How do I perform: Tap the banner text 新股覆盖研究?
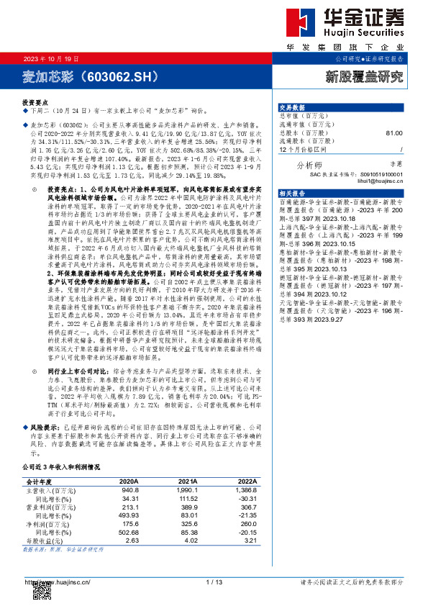pyautogui.click(x=366, y=75)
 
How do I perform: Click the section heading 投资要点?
pyautogui.click(x=35, y=104)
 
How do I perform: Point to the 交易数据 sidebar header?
pyautogui.click(x=292, y=107)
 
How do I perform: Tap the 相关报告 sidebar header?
pyautogui.click(x=292, y=194)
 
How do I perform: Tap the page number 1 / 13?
pyautogui.click(x=214, y=582)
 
